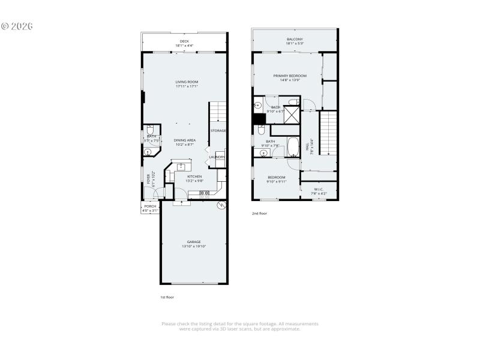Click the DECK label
(x=184, y=41)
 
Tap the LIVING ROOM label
(x=187, y=82)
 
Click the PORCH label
(x=149, y=206)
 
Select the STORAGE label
(x=218, y=130)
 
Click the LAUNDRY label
(x=217, y=157)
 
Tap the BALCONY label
(x=295, y=39)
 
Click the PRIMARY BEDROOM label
(x=290, y=76)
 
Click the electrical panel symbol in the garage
(x=221, y=205)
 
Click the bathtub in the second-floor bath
(x=294, y=146)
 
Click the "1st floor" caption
(x=167, y=296)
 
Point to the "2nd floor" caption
(x=259, y=213)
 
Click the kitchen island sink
(x=181, y=166)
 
